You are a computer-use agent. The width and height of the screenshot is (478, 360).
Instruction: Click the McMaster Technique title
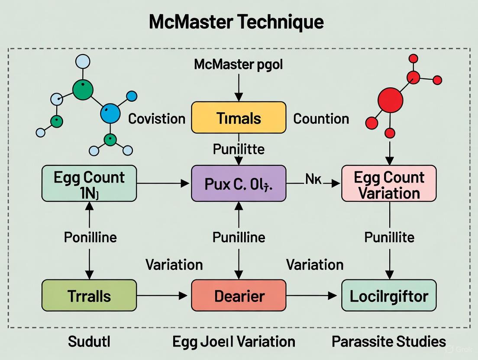[x=236, y=22]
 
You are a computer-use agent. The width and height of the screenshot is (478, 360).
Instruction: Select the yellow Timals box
[x=239, y=118]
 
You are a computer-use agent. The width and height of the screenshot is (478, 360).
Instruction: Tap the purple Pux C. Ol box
[x=239, y=183]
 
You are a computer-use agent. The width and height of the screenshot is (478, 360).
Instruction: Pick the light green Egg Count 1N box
[x=89, y=183]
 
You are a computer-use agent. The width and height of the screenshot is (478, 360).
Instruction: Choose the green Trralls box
[x=89, y=296]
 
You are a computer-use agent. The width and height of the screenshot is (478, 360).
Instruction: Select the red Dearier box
[x=239, y=296]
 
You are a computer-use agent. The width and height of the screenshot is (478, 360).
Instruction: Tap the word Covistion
[x=157, y=119]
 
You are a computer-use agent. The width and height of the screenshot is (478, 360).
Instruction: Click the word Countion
[x=321, y=119]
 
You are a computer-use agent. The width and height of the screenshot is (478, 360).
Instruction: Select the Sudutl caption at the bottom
[x=89, y=341]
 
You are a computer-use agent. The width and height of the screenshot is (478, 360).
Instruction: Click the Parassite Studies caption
[x=389, y=341]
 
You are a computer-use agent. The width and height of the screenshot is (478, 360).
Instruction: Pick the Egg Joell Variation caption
[x=234, y=341]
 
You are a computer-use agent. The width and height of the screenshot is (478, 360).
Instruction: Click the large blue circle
[x=110, y=114]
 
